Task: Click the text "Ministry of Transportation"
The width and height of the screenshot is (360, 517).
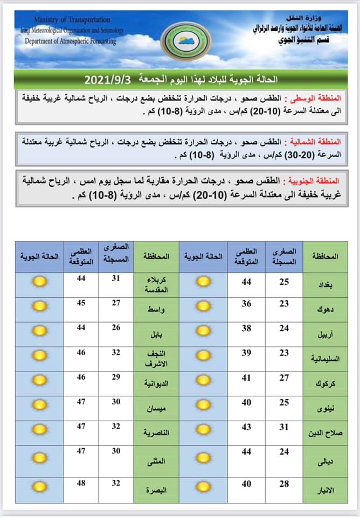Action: coord(72,20)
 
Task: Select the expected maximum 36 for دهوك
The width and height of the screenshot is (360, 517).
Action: coord(246,304)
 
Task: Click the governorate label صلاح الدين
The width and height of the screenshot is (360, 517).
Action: coord(323,433)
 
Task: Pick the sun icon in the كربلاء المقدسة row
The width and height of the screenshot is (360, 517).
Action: coord(39,281)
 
